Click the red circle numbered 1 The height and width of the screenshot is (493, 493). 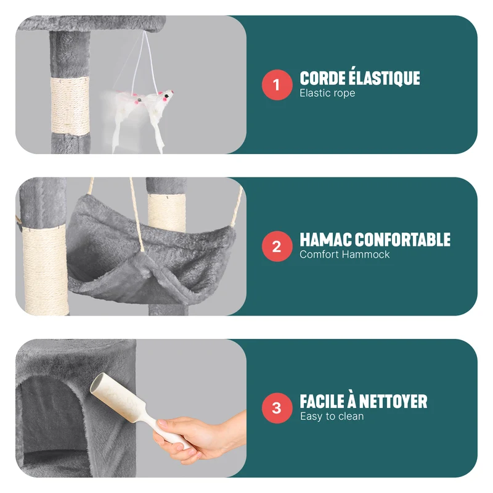(277, 85)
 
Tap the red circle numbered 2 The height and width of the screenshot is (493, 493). (277, 246)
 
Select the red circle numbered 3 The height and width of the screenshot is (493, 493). (277, 408)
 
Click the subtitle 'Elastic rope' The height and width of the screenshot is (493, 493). (327, 93)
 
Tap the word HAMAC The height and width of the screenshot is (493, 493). (326, 240)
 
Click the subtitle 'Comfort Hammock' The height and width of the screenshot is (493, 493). (344, 255)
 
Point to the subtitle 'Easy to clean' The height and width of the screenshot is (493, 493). (332, 417)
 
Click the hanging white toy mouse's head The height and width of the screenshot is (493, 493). (166, 96)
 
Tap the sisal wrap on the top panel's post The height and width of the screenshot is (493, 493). (70, 106)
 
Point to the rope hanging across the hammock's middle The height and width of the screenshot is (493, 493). (137, 214)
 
